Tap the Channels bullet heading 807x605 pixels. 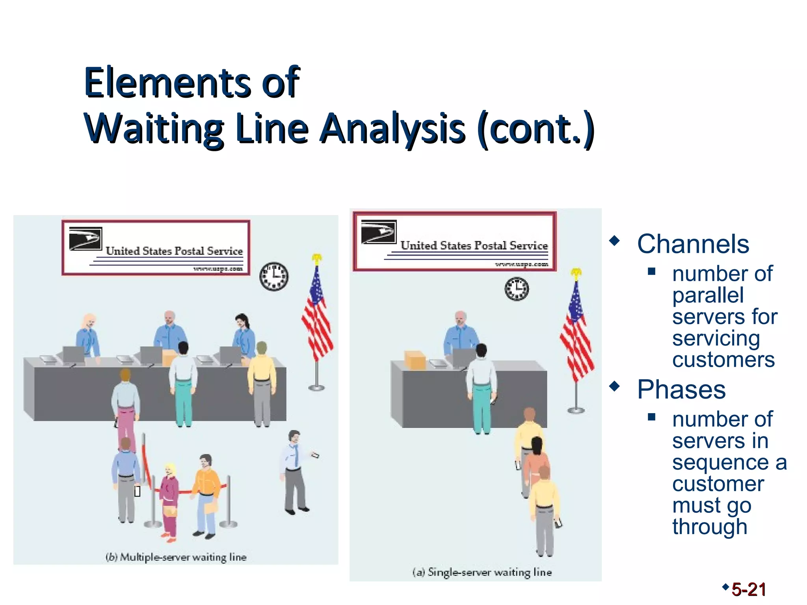[693, 244]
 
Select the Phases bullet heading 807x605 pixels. [681, 390]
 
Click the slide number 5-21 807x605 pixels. [748, 590]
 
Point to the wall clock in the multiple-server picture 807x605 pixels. [274, 276]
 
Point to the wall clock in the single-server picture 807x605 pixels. [517, 289]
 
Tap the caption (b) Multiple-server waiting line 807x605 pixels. [176, 557]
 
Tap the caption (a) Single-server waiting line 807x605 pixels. [482, 572]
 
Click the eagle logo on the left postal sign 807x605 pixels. [86, 238]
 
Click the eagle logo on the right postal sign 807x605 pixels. [378, 232]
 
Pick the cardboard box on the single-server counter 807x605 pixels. [415, 360]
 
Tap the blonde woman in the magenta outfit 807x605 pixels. [170, 500]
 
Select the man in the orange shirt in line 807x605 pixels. [206, 494]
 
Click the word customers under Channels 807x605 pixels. [723, 360]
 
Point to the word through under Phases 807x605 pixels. [709, 527]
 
